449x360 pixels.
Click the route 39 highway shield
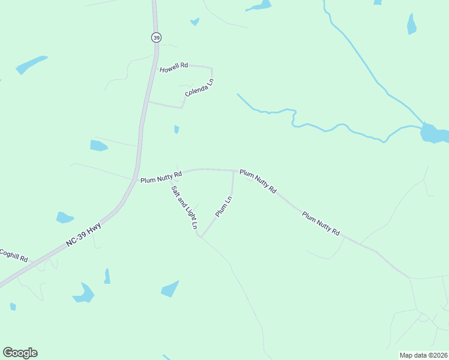(156, 37)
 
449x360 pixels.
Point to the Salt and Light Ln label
(184, 208)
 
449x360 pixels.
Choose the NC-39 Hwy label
(85, 237)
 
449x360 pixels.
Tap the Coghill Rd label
(13, 255)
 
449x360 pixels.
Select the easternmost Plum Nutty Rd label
(321, 223)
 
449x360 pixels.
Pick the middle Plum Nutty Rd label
(258, 181)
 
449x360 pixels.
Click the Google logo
(20, 353)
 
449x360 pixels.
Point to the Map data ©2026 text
(423, 355)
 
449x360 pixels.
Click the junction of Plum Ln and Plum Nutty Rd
(233, 170)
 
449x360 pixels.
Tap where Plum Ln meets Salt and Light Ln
(200, 236)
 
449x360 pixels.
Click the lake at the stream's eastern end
(433, 133)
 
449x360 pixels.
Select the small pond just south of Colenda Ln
(176, 129)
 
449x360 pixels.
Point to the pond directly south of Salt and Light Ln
(170, 289)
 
